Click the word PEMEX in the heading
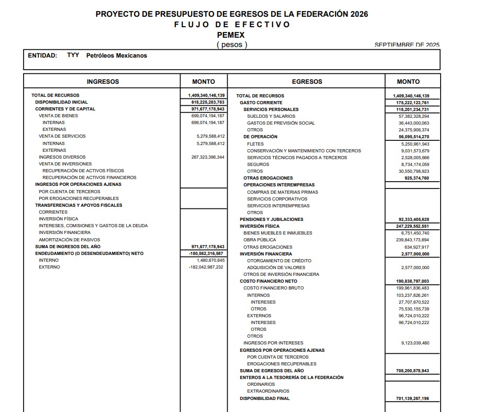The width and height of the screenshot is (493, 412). click(231, 35)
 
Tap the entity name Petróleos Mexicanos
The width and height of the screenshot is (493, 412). click(117, 55)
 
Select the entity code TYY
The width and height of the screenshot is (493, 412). click(73, 55)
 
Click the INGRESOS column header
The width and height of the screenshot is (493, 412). click(103, 82)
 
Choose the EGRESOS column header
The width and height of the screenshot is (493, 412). click(307, 82)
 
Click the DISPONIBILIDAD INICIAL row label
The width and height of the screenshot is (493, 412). click(62, 102)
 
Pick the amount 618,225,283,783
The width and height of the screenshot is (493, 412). click(208, 102)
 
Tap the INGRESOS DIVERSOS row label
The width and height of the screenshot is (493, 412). click(62, 157)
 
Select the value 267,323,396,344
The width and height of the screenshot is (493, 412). click(208, 157)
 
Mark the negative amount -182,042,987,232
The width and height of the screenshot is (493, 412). click(206, 267)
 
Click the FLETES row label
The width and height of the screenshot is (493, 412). click(255, 144)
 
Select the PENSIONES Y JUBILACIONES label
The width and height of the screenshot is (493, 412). click(272, 219)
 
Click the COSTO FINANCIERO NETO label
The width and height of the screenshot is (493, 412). click(268, 281)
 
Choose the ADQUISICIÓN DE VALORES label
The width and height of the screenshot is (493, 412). click(272, 268)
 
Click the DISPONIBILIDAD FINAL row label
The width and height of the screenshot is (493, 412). click(265, 398)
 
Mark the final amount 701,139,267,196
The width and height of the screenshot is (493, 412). click(413, 398)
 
